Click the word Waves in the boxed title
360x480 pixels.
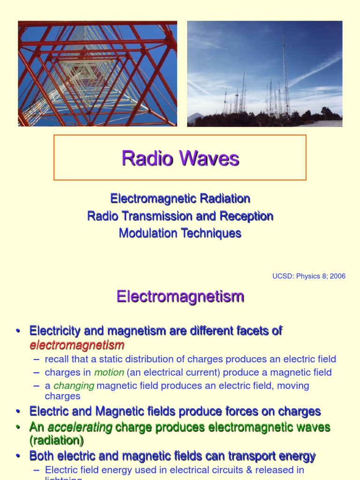[209, 158]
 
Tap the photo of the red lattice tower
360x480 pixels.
[97, 74]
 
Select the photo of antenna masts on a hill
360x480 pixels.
[264, 74]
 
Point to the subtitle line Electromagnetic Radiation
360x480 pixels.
[180, 199]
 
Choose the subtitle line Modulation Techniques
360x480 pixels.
[180, 233]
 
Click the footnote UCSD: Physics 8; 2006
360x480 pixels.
[308, 276]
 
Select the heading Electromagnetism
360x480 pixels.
[180, 296]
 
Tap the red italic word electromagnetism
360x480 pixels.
[77, 345]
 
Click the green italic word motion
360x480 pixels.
[109, 372]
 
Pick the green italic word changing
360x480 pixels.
[74, 385]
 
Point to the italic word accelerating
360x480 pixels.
[80, 427]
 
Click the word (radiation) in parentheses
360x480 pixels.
[57, 441]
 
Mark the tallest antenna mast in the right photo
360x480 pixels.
[285, 75]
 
